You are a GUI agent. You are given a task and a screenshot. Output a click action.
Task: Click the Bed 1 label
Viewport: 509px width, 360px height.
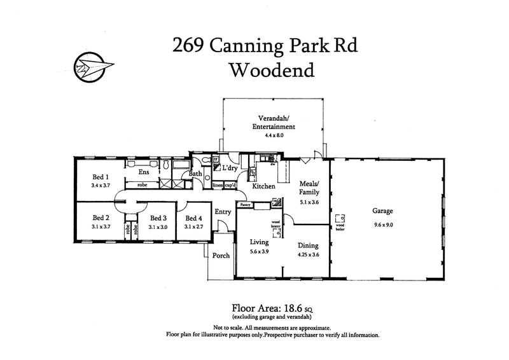101,177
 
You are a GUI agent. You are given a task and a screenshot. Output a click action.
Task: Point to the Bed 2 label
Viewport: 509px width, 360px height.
101,217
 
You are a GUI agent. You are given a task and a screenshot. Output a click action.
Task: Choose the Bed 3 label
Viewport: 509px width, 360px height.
158,217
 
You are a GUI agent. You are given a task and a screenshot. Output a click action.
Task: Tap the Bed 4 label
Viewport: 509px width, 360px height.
194,217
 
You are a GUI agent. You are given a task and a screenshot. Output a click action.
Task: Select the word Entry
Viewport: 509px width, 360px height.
223,212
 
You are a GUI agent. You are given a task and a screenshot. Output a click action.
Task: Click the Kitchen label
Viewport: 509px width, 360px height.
263,186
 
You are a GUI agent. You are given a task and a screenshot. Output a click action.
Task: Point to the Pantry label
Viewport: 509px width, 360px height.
245,205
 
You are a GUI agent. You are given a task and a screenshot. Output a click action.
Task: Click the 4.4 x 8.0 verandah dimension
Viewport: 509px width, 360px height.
274,135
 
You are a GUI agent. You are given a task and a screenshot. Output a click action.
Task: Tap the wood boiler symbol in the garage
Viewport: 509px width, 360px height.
339,217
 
